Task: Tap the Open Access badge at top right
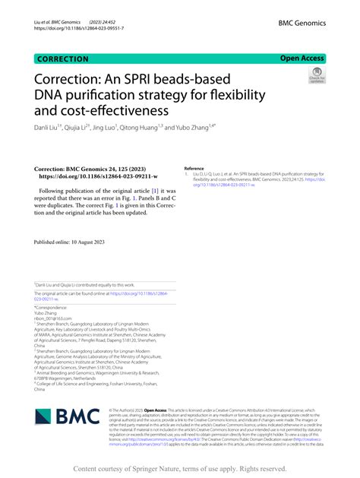coord(302,58)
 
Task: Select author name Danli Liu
coord(50,128)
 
